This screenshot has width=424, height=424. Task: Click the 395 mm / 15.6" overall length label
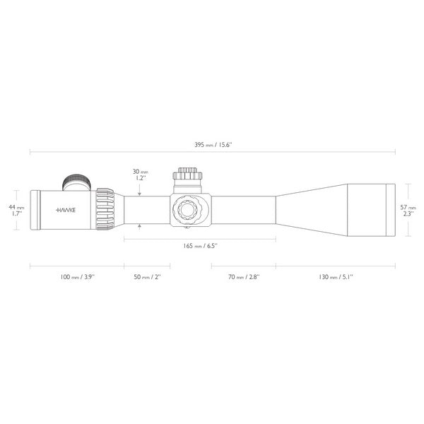click(x=212, y=144)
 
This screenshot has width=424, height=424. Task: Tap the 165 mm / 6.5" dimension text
click(x=199, y=246)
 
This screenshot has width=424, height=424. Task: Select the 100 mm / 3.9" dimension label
click(x=76, y=277)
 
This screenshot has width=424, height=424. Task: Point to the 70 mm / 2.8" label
click(x=243, y=277)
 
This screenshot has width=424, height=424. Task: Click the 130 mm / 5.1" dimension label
click(x=335, y=277)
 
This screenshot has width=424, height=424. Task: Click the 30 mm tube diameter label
click(x=140, y=171)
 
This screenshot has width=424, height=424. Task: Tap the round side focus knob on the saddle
click(x=189, y=209)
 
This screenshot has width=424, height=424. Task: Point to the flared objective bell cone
click(x=311, y=209)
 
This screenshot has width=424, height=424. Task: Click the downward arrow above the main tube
click(x=140, y=193)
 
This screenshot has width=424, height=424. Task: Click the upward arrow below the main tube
click(x=140, y=226)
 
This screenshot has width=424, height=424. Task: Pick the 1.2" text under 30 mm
click(x=140, y=179)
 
